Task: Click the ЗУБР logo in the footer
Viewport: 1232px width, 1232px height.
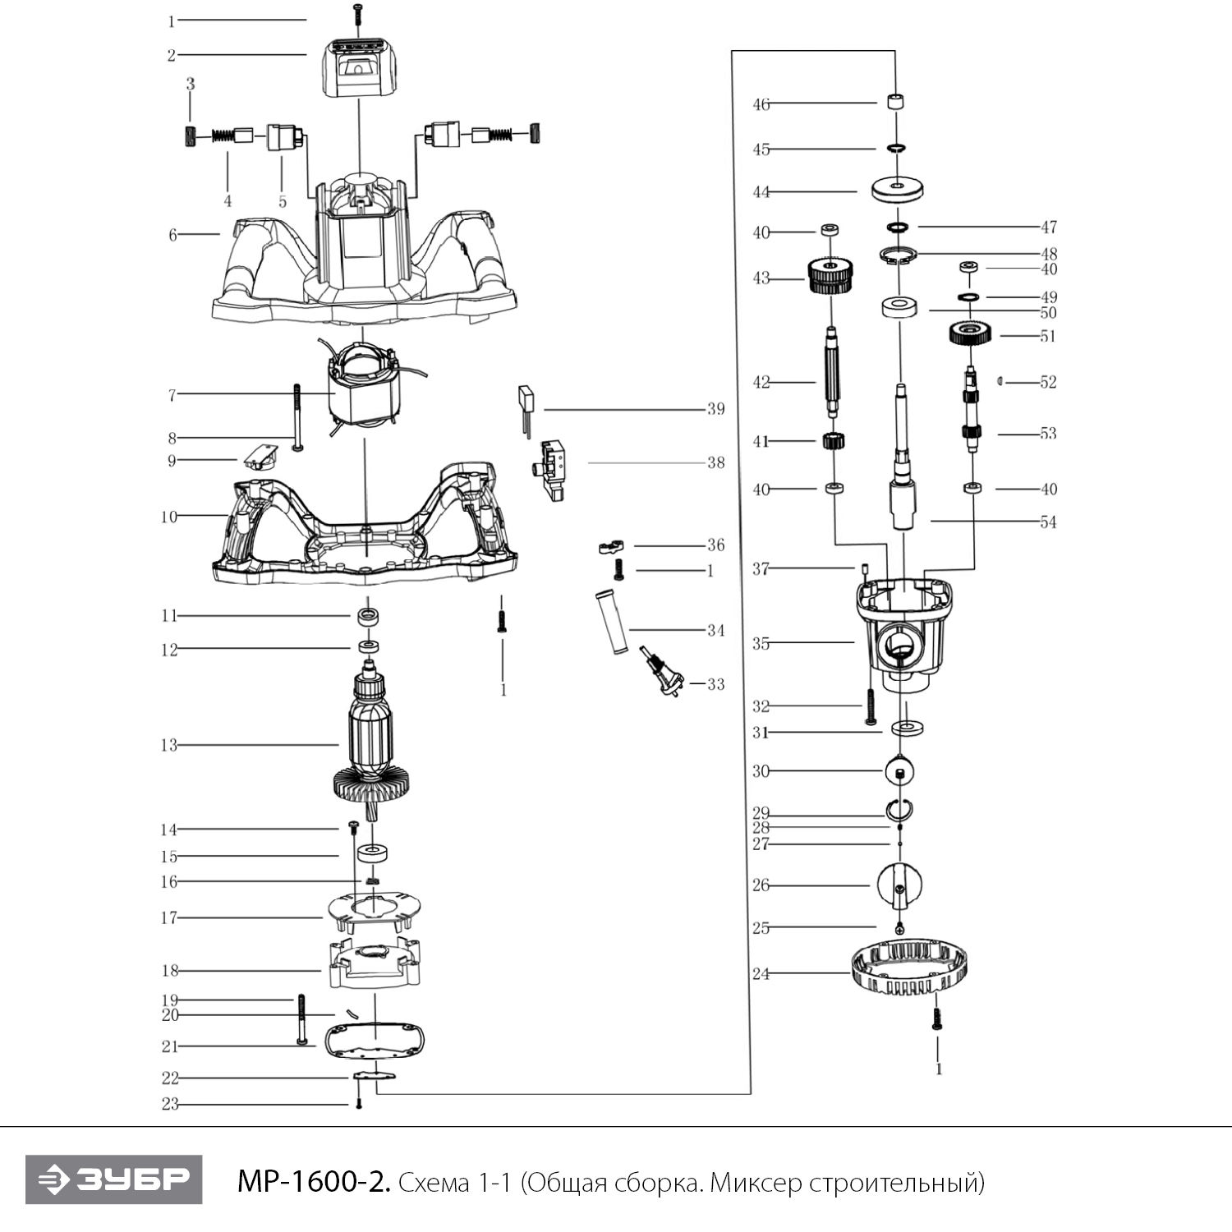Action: coord(113,1179)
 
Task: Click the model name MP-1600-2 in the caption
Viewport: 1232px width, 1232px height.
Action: coord(313,1182)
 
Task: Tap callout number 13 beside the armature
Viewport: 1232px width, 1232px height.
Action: coord(168,746)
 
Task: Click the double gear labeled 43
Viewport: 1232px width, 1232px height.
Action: coord(831,276)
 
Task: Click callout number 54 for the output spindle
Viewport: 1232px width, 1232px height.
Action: coord(1048,522)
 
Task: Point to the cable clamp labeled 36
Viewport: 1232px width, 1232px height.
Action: coord(611,545)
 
